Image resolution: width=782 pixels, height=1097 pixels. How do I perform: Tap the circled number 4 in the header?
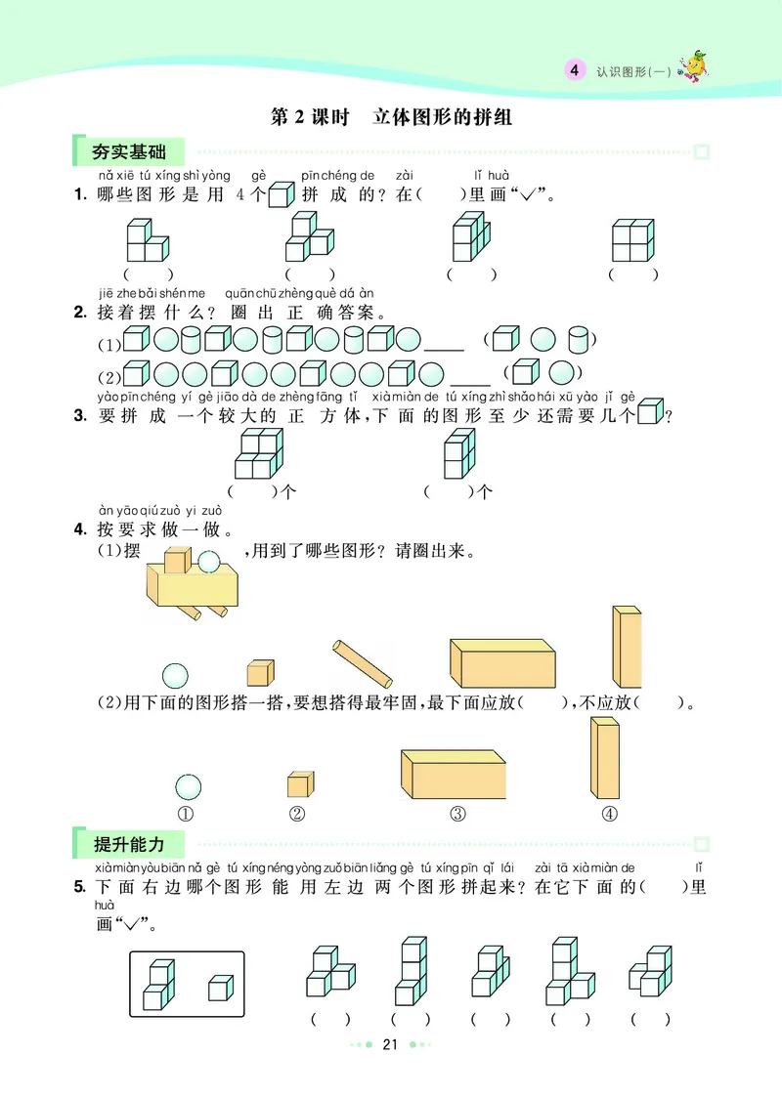[x=575, y=70]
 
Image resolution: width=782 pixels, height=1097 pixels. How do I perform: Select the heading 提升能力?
[x=128, y=845]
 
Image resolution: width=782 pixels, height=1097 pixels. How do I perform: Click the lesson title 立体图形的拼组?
[x=443, y=118]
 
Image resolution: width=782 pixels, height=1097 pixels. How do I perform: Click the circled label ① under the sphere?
[x=188, y=815]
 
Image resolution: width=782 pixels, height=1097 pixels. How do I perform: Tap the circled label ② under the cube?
[x=298, y=815]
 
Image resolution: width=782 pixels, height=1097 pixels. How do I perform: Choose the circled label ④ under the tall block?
[x=608, y=815]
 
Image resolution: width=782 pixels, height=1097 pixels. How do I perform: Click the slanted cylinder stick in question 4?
[x=363, y=663]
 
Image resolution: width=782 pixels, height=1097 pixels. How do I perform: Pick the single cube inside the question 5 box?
[x=220, y=988]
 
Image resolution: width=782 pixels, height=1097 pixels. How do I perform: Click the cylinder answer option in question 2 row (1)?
[x=579, y=341]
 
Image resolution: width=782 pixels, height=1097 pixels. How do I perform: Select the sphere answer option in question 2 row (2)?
[x=560, y=373]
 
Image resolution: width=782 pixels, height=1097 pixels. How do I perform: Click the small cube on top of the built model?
[x=177, y=560]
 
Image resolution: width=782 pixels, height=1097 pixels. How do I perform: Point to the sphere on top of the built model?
[x=208, y=560]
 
